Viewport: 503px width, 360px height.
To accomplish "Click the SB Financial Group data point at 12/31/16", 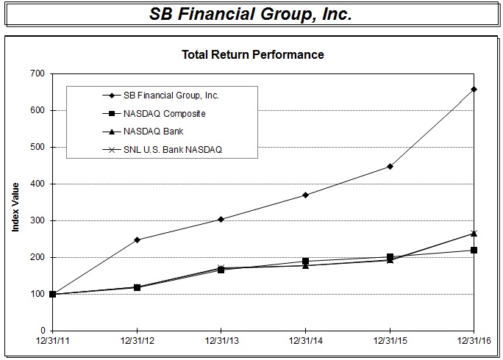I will pyautogui.click(x=474, y=89).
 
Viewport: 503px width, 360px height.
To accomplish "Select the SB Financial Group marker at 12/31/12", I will pyautogui.click(x=137, y=240).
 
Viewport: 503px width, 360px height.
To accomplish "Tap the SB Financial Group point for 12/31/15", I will pyautogui.click(x=390, y=166).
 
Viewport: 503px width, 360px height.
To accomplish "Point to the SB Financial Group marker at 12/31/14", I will pyautogui.click(x=305, y=195).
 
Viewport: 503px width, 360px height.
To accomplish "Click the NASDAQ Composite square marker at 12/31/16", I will pyautogui.click(x=474, y=250).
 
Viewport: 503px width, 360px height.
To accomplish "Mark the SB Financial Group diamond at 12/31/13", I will pyautogui.click(x=221, y=219).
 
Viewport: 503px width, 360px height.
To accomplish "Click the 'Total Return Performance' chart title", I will pyautogui.click(x=252, y=54).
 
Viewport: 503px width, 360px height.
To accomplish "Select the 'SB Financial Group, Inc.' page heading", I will pyautogui.click(x=251, y=14).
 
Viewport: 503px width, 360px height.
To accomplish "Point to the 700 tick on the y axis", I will pyautogui.click(x=35, y=73).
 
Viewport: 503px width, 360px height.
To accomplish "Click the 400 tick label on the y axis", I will pyautogui.click(x=35, y=184).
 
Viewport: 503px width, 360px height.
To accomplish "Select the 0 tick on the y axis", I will pyautogui.click(x=41, y=331).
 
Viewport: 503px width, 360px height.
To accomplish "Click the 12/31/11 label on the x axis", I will pyautogui.click(x=52, y=342).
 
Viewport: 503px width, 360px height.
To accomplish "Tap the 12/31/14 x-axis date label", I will pyautogui.click(x=305, y=342).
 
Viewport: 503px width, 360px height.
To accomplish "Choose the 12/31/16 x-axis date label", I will pyautogui.click(x=473, y=342).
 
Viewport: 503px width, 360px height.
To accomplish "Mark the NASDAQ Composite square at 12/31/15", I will pyautogui.click(x=390, y=257).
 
